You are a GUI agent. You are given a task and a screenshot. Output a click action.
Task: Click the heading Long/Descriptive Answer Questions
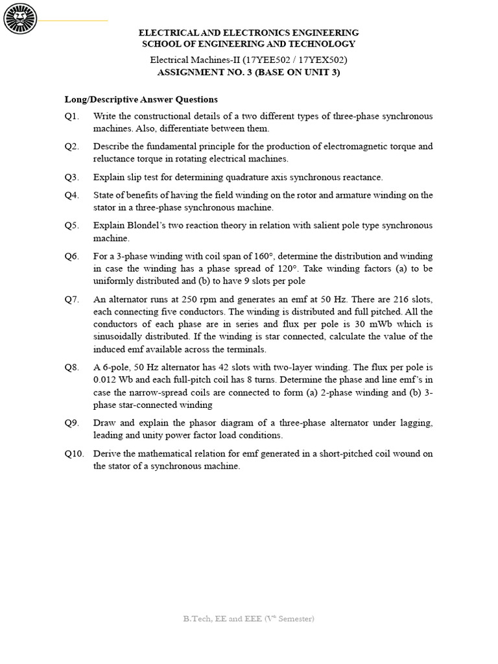[x=141, y=99]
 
